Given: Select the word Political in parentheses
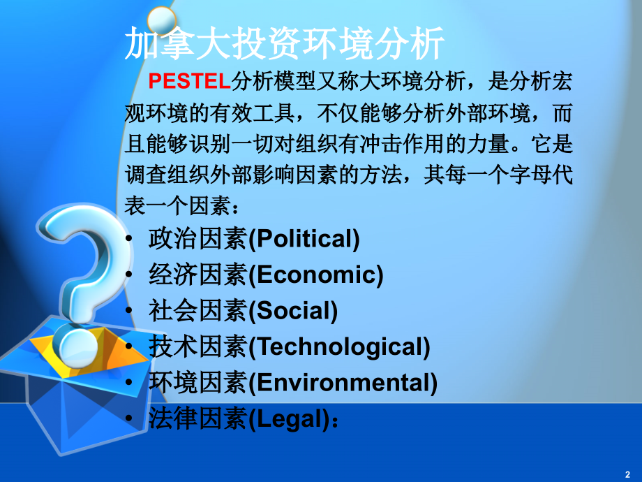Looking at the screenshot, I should (304, 239).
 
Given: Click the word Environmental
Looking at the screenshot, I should (343, 382).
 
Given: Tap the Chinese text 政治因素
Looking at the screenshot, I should (197, 239).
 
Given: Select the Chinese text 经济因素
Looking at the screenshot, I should (197, 275).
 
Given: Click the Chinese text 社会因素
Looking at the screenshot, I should (197, 310).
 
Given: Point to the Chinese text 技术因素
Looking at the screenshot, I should (197, 346).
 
